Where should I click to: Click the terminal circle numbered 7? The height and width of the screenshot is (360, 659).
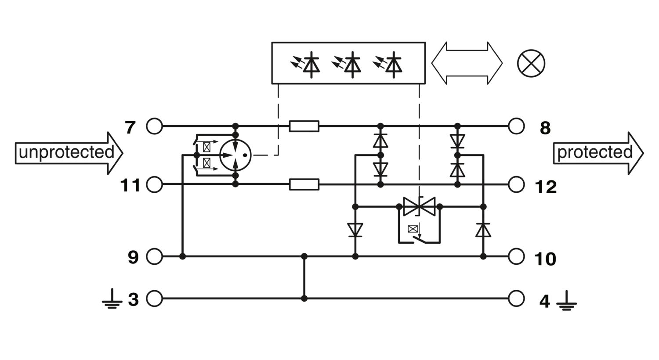tap(155, 126)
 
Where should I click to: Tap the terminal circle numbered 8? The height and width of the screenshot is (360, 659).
tap(516, 126)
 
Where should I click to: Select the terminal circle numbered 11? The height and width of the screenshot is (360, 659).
tap(155, 184)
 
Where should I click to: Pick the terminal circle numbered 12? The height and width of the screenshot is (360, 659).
tap(516, 184)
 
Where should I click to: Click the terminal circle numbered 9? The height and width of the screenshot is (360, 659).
tap(155, 256)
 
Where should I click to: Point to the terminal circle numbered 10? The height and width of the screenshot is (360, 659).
tap(516, 256)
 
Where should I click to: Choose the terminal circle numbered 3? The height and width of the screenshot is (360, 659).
tap(155, 299)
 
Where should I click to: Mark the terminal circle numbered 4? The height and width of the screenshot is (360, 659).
tap(516, 299)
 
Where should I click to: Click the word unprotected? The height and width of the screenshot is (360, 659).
tap(66, 152)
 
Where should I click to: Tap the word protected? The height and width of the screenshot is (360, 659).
tap(595, 152)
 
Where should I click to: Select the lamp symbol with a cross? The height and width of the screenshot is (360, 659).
tap(531, 64)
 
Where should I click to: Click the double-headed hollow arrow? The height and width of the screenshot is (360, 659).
tap(467, 63)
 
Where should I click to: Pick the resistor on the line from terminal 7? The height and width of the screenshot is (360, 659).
tap(304, 126)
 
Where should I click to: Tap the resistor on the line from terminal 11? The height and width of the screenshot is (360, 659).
tap(304, 184)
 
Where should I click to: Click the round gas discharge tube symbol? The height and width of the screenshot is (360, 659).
tap(235, 155)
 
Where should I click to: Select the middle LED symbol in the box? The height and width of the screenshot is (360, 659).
tap(348, 65)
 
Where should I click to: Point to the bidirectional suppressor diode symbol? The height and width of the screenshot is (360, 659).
tap(419, 207)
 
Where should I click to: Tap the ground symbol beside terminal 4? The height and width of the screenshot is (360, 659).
tap(566, 301)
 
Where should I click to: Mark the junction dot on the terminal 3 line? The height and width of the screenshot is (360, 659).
tap(304, 299)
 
